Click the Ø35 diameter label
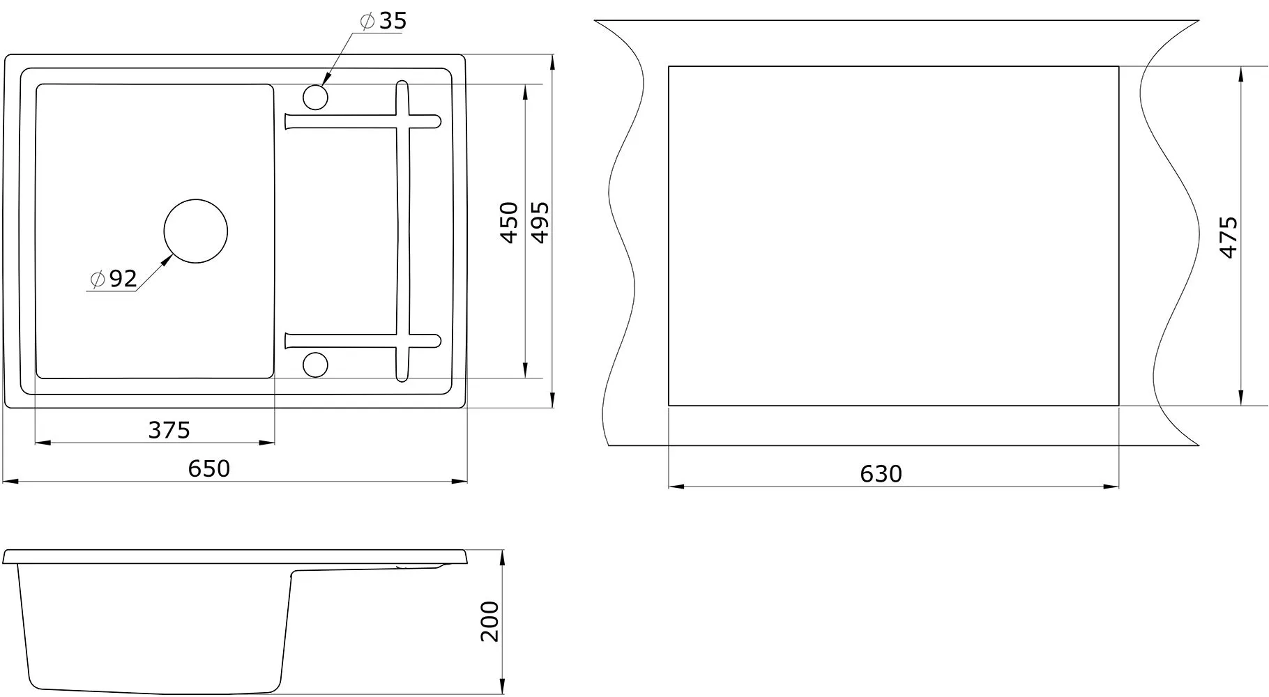click(x=383, y=21)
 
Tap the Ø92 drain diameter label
click(x=114, y=279)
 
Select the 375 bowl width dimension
click(x=169, y=430)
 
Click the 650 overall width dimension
click(x=208, y=468)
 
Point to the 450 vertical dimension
click(x=510, y=222)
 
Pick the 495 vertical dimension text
click(x=540, y=222)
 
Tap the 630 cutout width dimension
click(x=881, y=474)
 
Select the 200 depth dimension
click(x=490, y=621)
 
